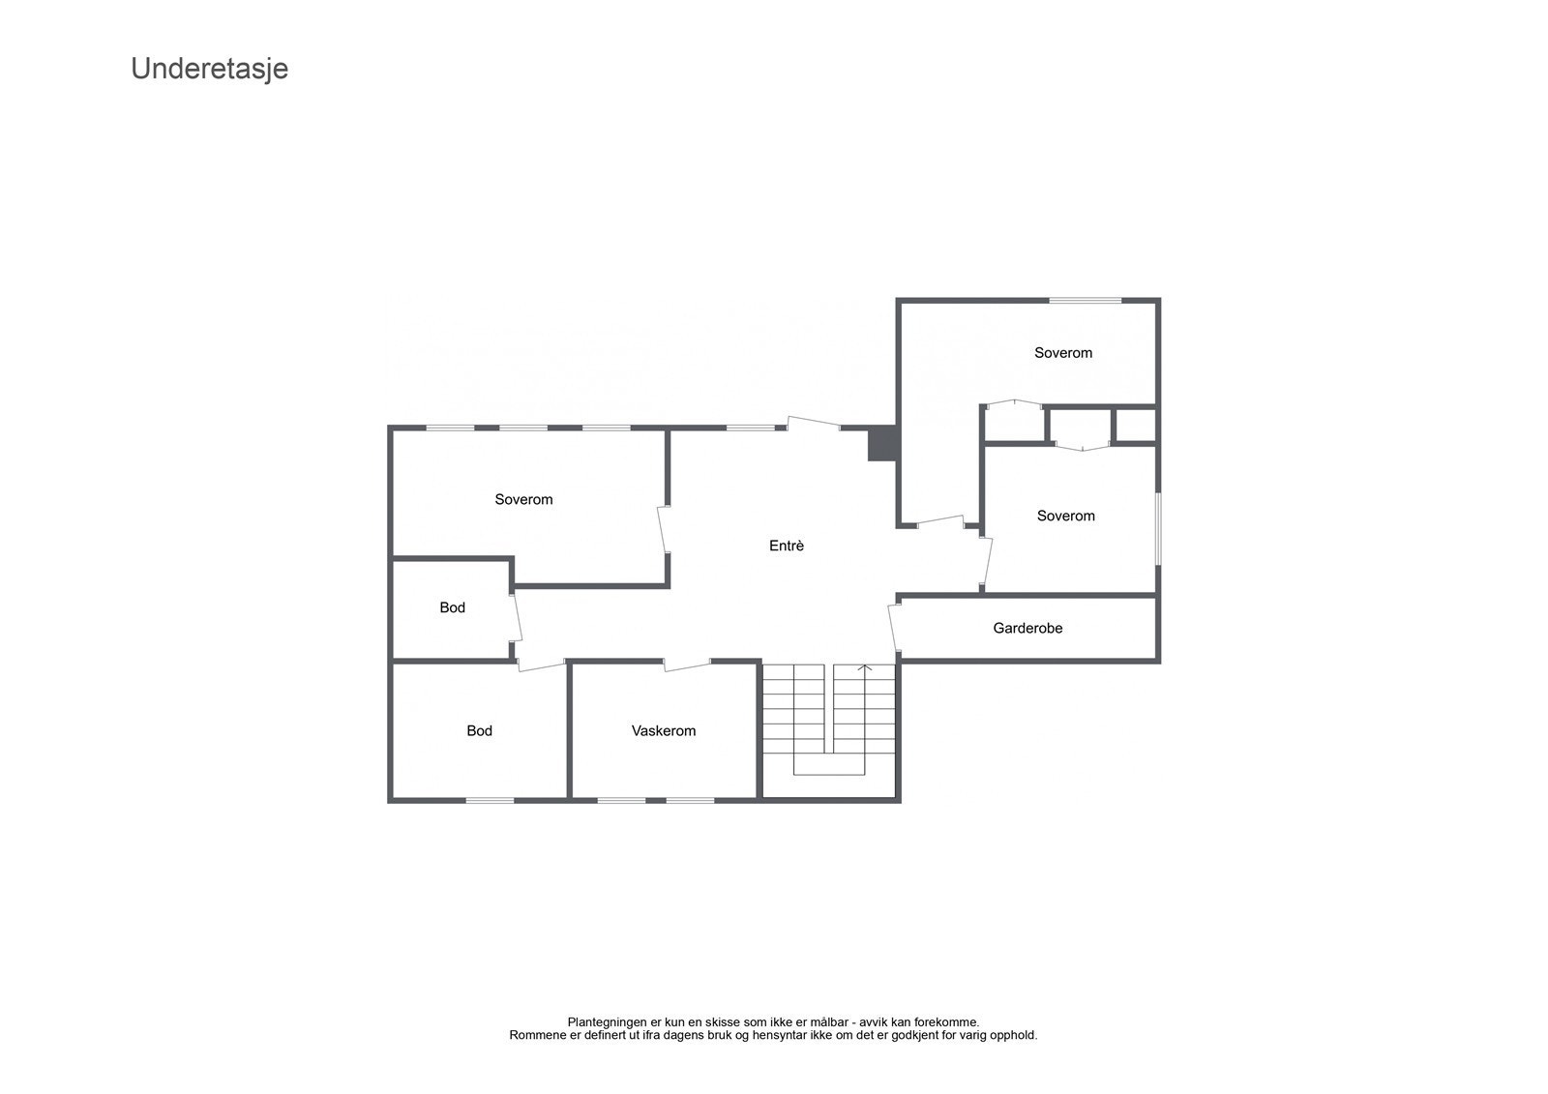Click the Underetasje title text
[x=209, y=69]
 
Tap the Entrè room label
[x=787, y=546]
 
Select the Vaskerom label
[x=664, y=730]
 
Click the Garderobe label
[x=1027, y=628]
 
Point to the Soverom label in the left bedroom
[x=523, y=499]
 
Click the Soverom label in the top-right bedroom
[x=1063, y=352]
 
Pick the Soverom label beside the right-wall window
[x=1065, y=516]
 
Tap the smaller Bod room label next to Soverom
[x=452, y=607]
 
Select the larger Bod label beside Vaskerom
[x=479, y=730]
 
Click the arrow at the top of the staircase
[x=865, y=667]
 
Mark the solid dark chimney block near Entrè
[x=881, y=445]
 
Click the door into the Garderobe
[x=894, y=627]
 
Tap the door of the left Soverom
[x=664, y=530]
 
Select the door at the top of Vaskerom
[x=687, y=665]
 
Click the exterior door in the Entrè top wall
[x=813, y=423]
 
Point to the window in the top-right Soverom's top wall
[x=1086, y=301]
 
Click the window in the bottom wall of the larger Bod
[x=490, y=799]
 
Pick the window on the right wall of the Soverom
[x=1157, y=529]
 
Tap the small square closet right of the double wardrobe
[x=1135, y=426]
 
